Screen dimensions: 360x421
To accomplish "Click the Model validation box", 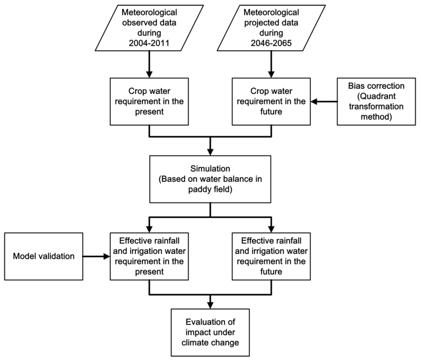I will pos(44,256).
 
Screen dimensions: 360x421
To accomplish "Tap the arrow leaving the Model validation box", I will pos(96,256).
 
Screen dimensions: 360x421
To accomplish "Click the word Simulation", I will pos(210,169).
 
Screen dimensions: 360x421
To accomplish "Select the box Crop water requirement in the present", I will pos(149,101).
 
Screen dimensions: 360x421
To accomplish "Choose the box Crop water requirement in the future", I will pos(271,101).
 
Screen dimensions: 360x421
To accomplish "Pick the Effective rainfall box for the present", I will pos(149,256).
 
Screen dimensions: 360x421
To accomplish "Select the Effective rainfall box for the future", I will pos(271,256).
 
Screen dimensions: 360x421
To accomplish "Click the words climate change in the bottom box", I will pos(210,342).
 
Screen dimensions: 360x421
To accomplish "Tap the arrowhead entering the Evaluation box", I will pos(210,305).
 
